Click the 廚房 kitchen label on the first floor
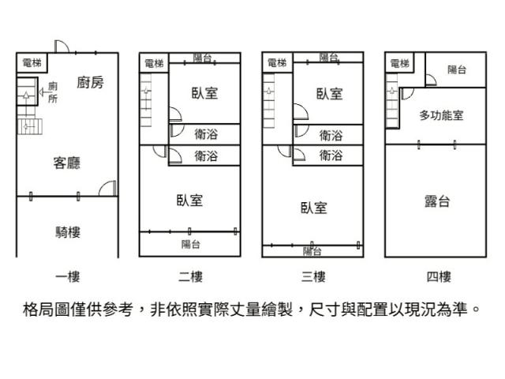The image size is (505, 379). pyautogui.click(x=91, y=82)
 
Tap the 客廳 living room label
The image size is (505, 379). pyautogui.click(x=66, y=163)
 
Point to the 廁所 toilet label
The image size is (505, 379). pyautogui.click(x=53, y=92)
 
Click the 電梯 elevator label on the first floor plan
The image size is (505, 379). pyautogui.click(x=32, y=62)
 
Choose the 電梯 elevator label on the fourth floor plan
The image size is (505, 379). pyautogui.click(x=399, y=63)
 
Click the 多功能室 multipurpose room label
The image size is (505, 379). pyautogui.click(x=441, y=115)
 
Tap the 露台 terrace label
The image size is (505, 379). pyautogui.click(x=437, y=202)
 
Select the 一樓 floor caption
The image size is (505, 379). pyautogui.click(x=67, y=276)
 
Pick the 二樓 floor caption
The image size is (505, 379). pyautogui.click(x=190, y=276)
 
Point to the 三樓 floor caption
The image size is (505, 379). pyautogui.click(x=314, y=276)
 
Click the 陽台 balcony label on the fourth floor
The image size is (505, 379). pyautogui.click(x=457, y=70)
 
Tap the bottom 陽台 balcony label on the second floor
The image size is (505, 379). pyautogui.click(x=190, y=244)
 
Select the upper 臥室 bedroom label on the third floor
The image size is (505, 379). pyautogui.click(x=330, y=93)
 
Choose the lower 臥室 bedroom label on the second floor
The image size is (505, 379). pyautogui.click(x=189, y=201)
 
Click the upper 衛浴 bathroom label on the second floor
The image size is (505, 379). pyautogui.click(x=206, y=135)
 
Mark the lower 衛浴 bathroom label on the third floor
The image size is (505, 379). pyautogui.click(x=331, y=156)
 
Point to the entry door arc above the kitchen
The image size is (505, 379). pyautogui.click(x=62, y=47)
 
